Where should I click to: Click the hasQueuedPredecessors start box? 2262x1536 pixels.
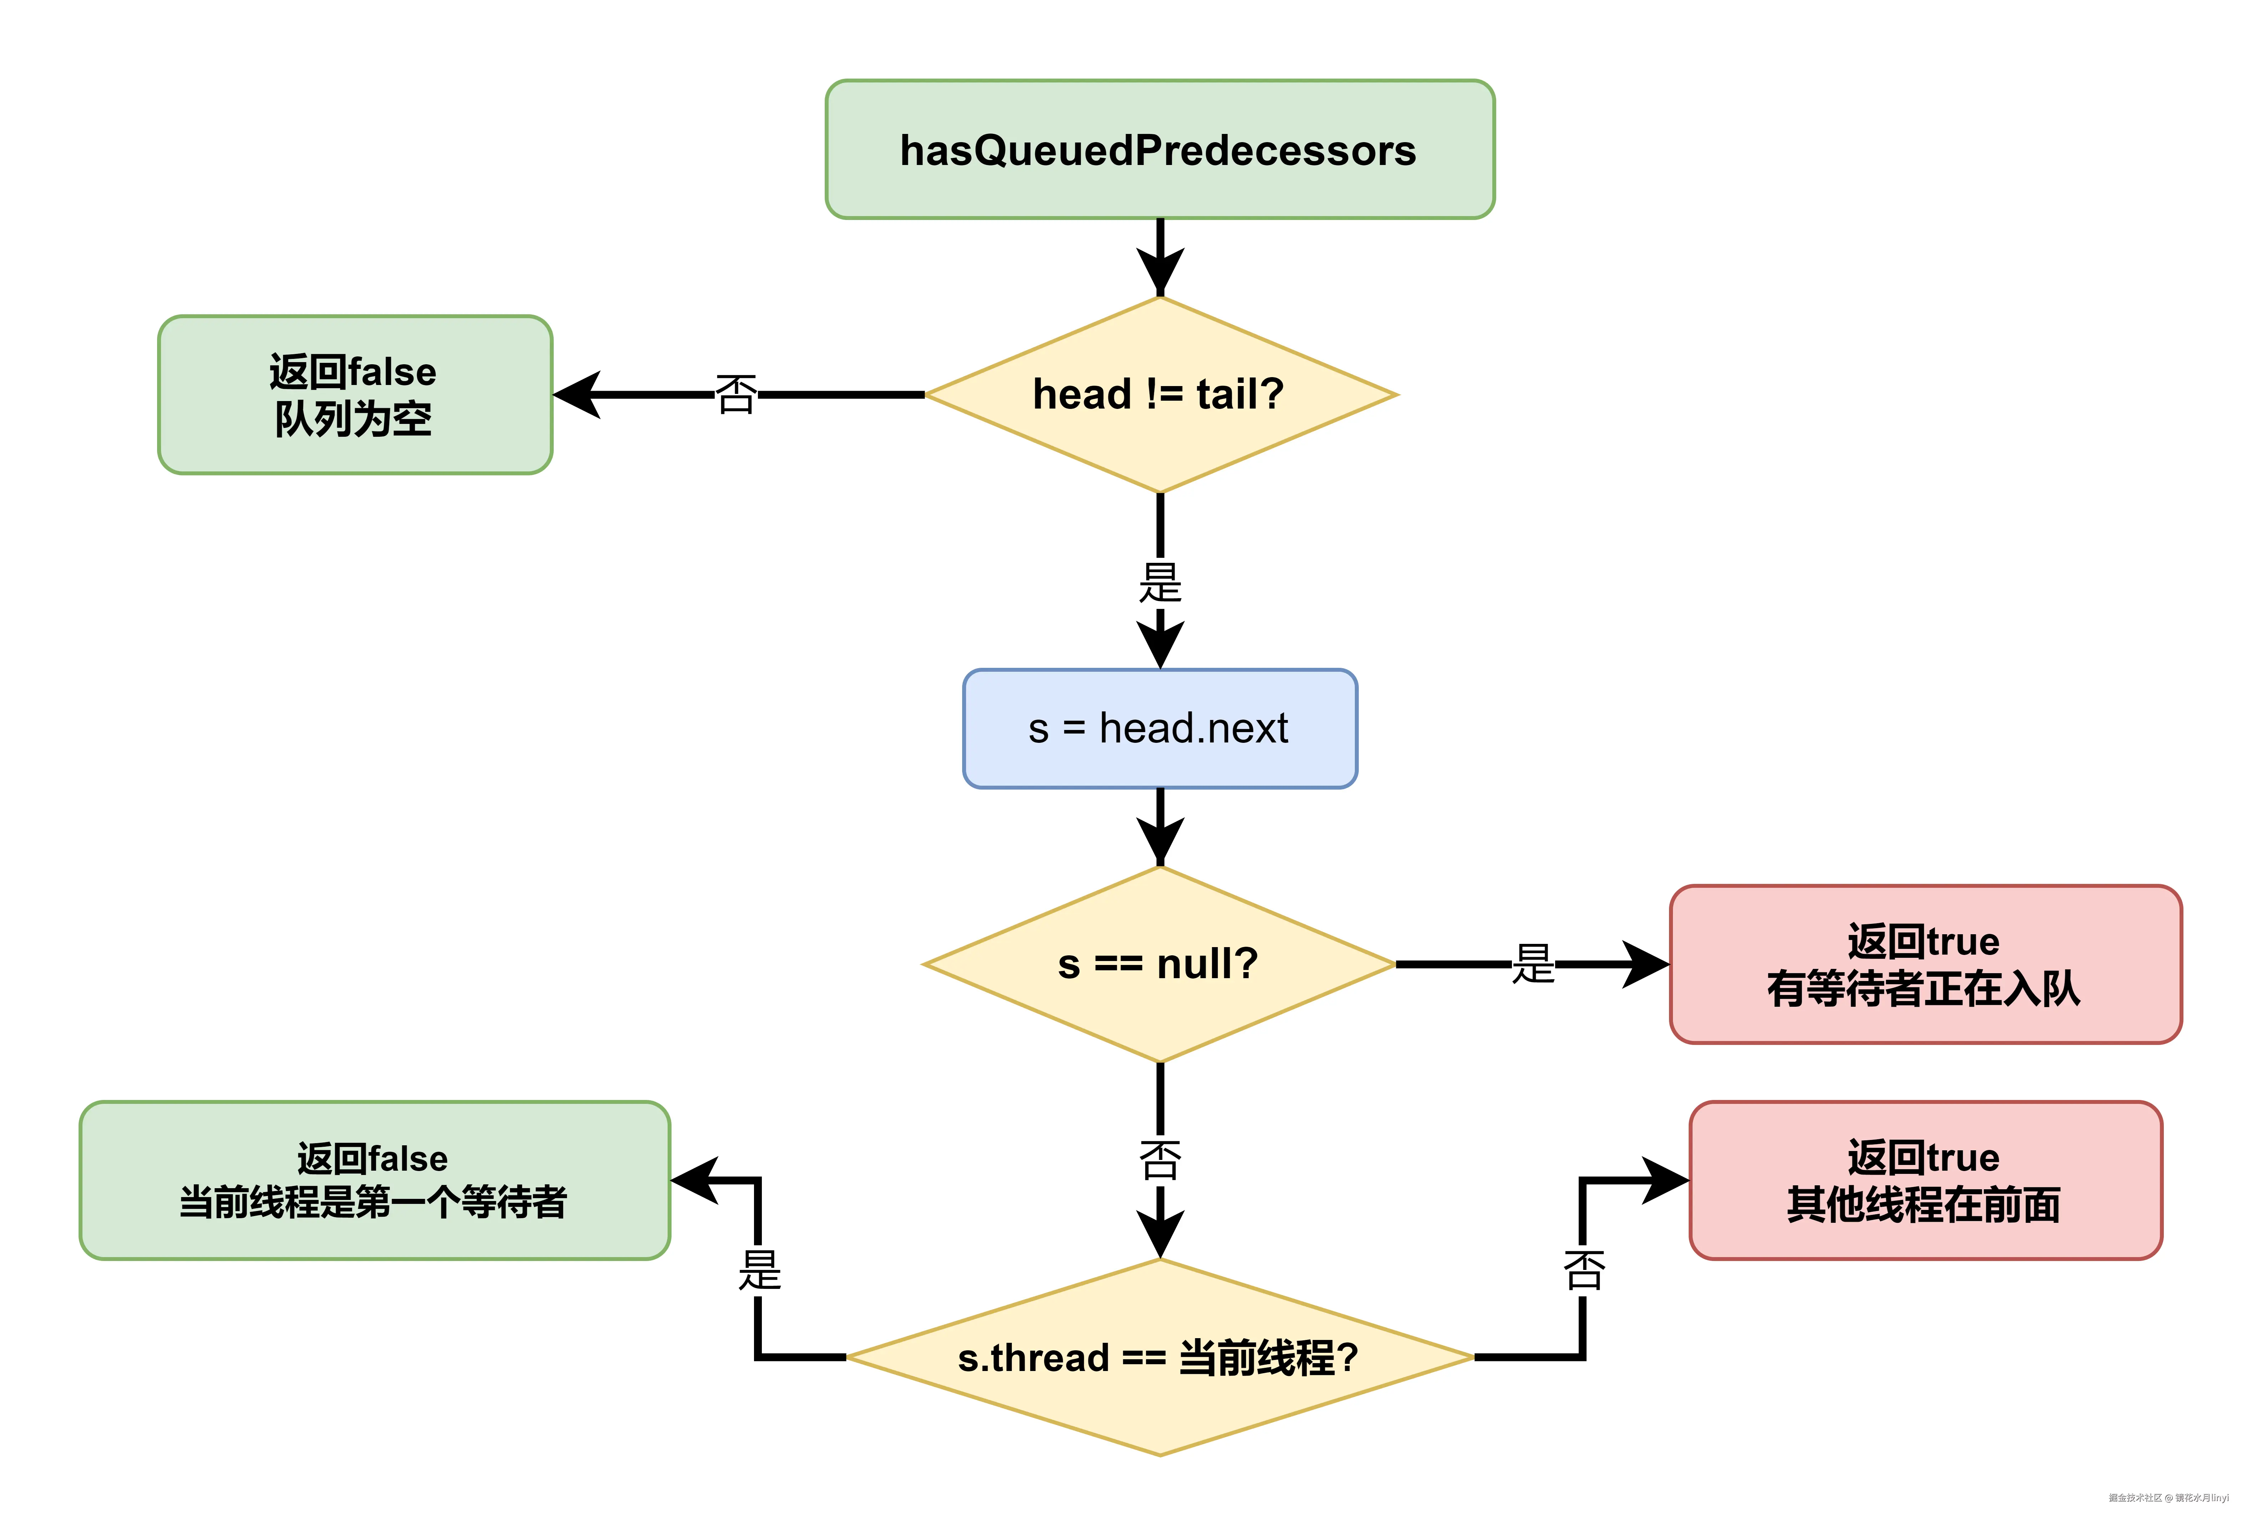pyautogui.click(x=1159, y=150)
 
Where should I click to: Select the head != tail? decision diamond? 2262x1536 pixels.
pyautogui.click(x=1159, y=394)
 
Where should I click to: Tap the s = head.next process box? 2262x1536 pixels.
pyautogui.click(x=1159, y=728)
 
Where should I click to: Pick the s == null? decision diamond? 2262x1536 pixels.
pyautogui.click(x=1159, y=964)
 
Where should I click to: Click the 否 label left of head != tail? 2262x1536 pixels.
pyautogui.click(x=736, y=394)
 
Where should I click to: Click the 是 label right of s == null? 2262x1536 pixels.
pyautogui.click(x=1533, y=964)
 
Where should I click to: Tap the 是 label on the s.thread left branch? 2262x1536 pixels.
pyautogui.click(x=759, y=1270)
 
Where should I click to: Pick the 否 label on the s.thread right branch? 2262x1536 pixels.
pyautogui.click(x=1584, y=1270)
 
